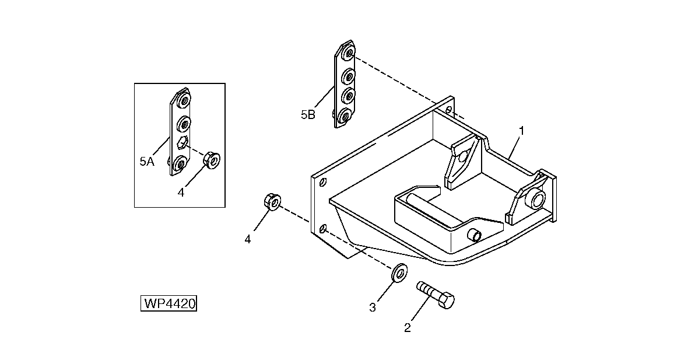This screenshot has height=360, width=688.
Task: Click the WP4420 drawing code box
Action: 169,304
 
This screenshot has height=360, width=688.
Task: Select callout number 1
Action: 522,131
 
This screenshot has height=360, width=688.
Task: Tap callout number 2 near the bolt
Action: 408,328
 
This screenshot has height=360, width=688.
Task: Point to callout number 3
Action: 373,307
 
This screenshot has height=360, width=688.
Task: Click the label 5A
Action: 146,162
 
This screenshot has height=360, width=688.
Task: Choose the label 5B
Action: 308,115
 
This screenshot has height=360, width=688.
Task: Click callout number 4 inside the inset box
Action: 181,193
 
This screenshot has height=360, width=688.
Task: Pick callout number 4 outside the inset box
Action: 248,239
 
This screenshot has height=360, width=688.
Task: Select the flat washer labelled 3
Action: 399,272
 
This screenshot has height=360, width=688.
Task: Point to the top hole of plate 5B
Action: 349,54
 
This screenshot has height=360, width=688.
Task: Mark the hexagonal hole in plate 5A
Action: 182,144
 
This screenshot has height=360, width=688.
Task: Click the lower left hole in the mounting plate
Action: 322,228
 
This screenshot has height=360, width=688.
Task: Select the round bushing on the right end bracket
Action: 535,201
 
